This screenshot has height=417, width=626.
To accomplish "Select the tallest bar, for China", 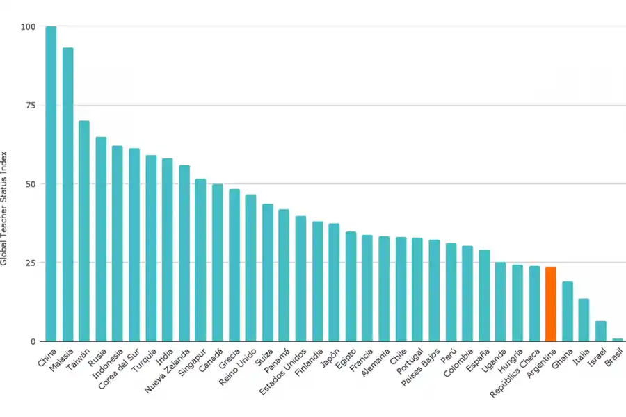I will click(x=51, y=184).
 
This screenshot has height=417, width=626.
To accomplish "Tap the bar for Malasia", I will click(x=67, y=195).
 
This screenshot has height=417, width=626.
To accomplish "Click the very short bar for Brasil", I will click(x=617, y=340).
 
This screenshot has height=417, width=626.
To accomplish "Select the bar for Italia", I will click(x=584, y=320).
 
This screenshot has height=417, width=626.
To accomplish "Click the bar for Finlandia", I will click(x=317, y=281).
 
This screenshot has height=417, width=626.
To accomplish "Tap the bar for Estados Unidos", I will click(x=300, y=279).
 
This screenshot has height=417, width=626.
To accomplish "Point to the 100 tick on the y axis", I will click(x=28, y=27).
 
